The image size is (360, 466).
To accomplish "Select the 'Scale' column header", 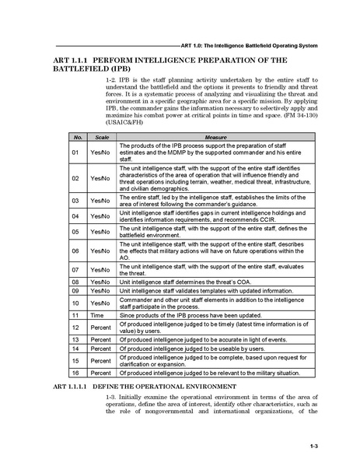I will [x=100, y=137].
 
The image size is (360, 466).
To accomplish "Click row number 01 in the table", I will [x=76, y=152].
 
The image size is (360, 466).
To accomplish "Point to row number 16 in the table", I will [x=76, y=373].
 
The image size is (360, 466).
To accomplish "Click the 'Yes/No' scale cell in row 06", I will [x=100, y=251].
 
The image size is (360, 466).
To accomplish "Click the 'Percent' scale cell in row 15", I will [x=100, y=361].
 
